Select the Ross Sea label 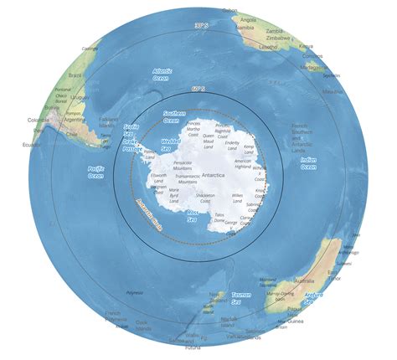193,217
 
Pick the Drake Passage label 132,146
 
